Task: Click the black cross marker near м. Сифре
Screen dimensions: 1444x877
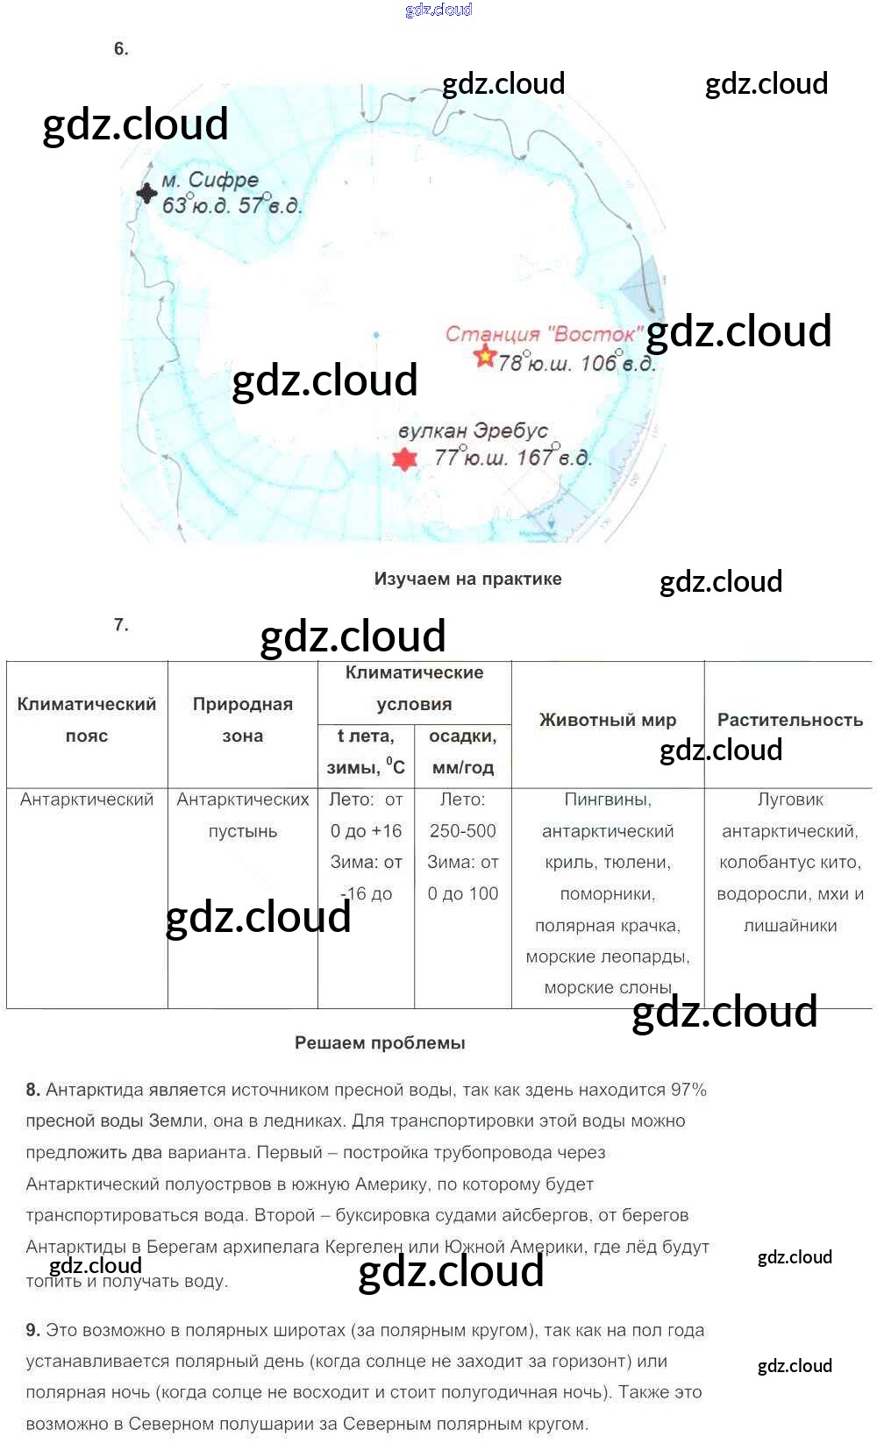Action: tap(146, 192)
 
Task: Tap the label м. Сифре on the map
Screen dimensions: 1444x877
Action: tap(210, 181)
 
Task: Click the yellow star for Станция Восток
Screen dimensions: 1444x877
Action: tap(484, 357)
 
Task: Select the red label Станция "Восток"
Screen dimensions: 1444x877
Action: tap(541, 334)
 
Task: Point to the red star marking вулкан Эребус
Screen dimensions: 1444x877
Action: tap(403, 459)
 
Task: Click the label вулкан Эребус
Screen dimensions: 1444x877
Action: tap(473, 431)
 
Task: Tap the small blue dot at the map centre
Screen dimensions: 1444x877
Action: tap(376, 335)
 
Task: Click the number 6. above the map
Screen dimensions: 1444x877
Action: tap(121, 49)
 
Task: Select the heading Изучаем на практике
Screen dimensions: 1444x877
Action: tap(467, 579)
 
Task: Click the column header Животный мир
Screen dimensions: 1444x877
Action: tap(608, 720)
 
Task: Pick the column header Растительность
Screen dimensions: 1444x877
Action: tap(790, 720)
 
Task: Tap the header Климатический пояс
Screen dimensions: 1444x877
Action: tap(87, 720)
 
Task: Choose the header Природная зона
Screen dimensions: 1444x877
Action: tap(242, 720)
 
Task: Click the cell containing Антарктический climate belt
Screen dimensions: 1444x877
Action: tap(87, 800)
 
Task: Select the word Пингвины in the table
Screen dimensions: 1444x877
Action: tap(608, 800)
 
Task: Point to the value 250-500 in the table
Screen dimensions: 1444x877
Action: tap(463, 831)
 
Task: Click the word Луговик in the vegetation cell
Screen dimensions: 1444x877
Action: tap(790, 800)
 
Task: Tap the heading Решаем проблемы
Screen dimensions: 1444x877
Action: tap(380, 1043)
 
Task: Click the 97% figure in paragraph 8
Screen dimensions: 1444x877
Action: tap(688, 1090)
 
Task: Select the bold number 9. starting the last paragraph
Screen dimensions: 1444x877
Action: tap(33, 1330)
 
